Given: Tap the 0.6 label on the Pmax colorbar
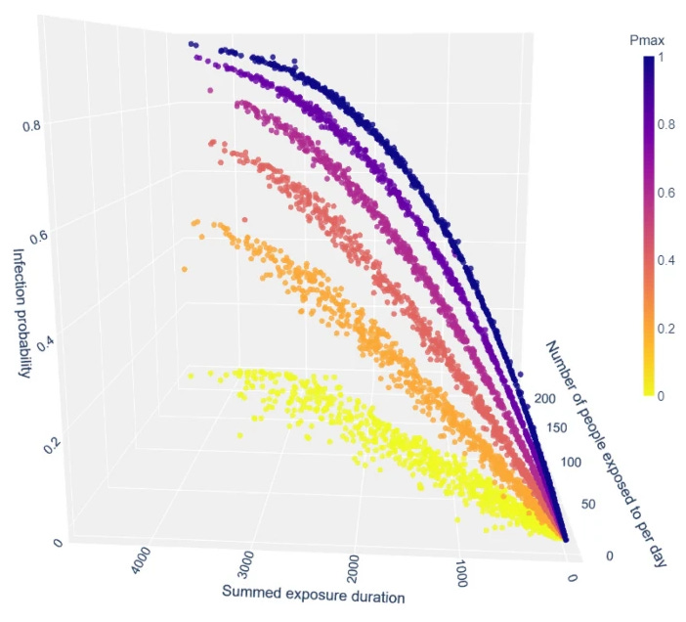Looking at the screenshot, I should point(668,194).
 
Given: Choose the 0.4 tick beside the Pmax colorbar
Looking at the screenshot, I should point(668,260).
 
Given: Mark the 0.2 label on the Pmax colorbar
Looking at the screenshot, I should point(668,328).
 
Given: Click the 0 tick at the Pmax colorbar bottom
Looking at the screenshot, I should point(664,394).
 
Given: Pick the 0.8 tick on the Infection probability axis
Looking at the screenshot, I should point(31,125).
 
